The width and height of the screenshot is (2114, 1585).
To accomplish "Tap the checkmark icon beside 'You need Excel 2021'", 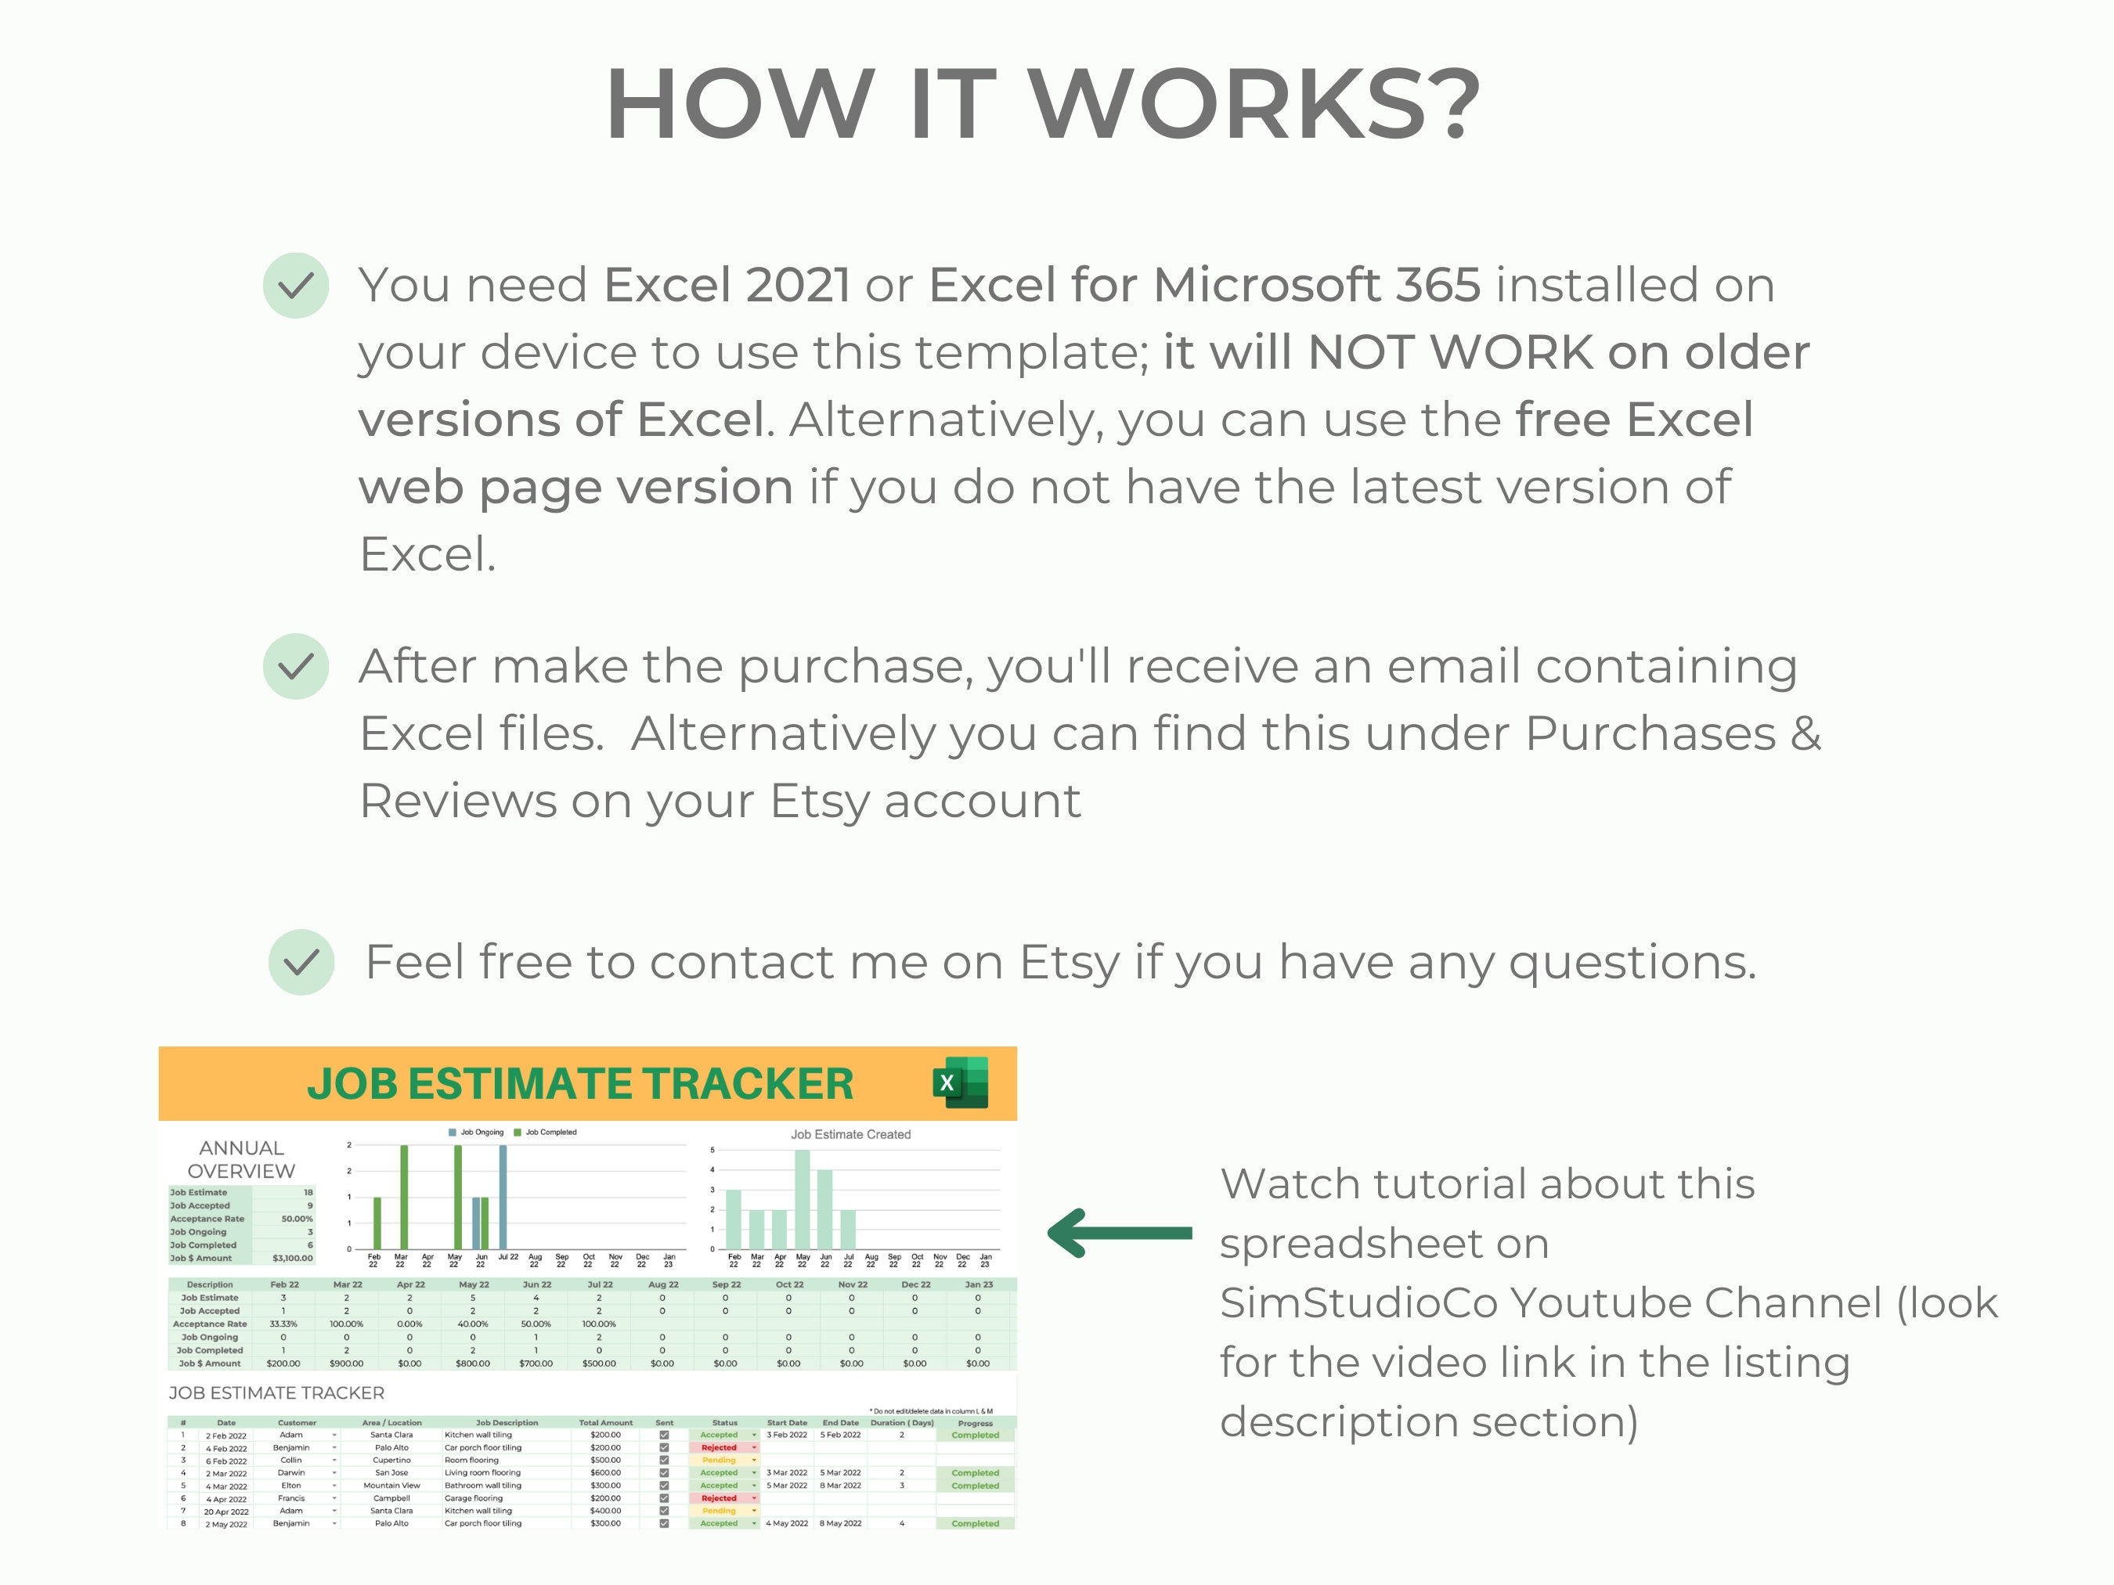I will [296, 286].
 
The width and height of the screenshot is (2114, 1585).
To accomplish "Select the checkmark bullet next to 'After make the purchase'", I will [296, 666].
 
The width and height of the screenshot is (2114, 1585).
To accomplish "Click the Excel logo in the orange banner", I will [961, 1082].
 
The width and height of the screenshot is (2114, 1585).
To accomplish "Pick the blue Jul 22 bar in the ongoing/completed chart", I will [503, 1196].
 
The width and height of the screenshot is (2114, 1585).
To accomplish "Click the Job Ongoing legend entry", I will [477, 1132].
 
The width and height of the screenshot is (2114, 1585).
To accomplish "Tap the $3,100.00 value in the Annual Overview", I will [293, 1259].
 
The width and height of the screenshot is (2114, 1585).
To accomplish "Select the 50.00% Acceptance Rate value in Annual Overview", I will [296, 1219].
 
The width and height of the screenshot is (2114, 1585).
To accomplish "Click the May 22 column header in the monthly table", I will [473, 1285].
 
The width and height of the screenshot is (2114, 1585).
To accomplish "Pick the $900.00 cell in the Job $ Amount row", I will [346, 1363].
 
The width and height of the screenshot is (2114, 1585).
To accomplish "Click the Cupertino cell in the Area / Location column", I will [391, 1460].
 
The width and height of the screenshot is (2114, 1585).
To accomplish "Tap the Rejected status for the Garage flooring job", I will [720, 1498].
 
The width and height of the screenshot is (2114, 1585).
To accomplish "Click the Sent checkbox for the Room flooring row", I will [664, 1460].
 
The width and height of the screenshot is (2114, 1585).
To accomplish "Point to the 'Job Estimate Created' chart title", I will [850, 1134].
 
